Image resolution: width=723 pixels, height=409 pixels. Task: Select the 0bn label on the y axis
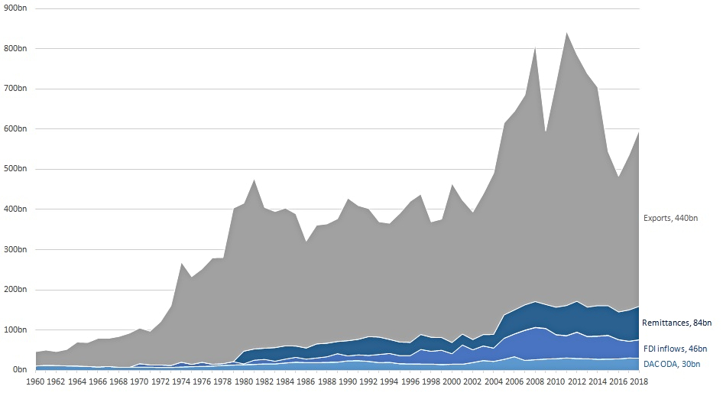(18, 370)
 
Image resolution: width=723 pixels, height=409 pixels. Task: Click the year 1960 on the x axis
(36, 380)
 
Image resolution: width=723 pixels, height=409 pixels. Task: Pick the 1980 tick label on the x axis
(244, 380)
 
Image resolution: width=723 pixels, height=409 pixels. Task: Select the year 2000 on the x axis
(452, 380)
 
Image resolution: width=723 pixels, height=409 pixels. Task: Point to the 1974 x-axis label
(181, 380)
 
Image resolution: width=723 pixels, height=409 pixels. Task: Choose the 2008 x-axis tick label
(535, 380)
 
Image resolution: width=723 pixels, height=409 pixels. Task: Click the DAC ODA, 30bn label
(670, 364)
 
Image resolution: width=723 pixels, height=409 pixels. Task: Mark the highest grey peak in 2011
(566, 33)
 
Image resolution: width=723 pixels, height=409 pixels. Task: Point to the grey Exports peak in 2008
(535, 47)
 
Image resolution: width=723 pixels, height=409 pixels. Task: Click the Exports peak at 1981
(255, 180)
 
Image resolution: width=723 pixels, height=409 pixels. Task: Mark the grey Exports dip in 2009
(546, 132)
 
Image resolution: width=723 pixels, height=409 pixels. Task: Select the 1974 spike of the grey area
(182, 264)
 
